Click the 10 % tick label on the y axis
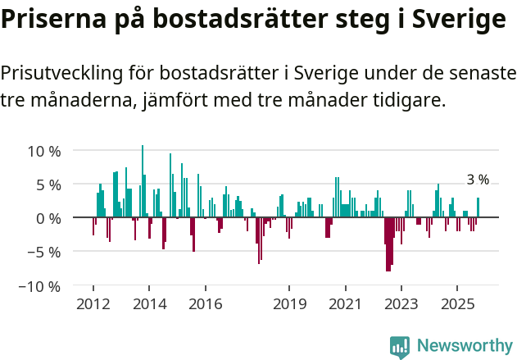[x=44, y=151]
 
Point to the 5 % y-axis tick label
[x=48, y=185]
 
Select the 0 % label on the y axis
[x=48, y=218]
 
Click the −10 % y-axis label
[x=40, y=286]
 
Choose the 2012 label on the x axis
[x=93, y=304]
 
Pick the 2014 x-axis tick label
[x=149, y=304]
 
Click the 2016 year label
[x=205, y=304]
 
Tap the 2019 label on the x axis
[x=289, y=304]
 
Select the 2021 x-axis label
[x=345, y=304]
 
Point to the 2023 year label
[x=401, y=304]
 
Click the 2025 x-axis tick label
[x=456, y=304]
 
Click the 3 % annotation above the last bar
[x=478, y=180]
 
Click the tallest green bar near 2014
[x=143, y=182]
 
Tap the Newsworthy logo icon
[x=400, y=347]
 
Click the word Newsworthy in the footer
[x=465, y=347]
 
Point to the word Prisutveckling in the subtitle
[x=62, y=73]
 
